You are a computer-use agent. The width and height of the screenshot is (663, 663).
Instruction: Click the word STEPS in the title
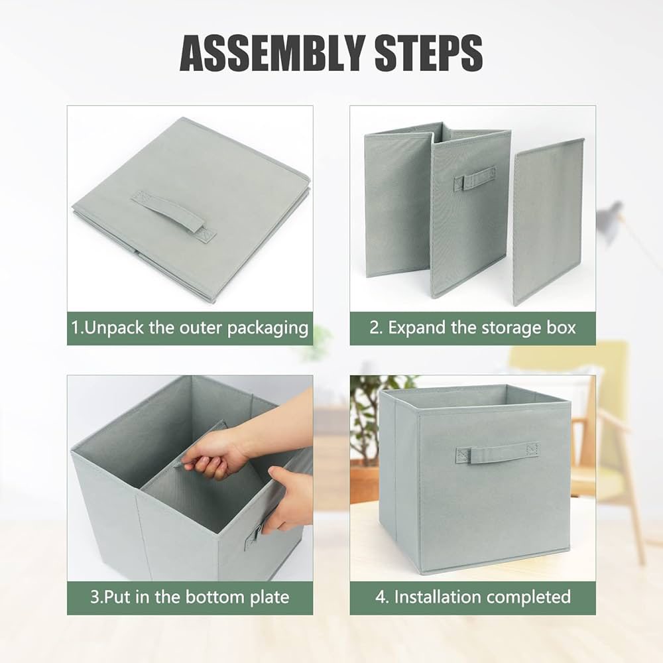coord(429,53)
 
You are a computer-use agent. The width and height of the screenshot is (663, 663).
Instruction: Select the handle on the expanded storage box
coord(475,179)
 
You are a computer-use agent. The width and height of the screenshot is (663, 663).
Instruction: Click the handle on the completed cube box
coord(497,452)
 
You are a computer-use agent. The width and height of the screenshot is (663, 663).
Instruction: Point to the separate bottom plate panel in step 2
coord(548,221)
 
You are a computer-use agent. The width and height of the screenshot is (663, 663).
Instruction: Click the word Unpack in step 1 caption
coord(114,329)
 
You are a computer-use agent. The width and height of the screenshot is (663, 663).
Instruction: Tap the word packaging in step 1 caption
coord(268,329)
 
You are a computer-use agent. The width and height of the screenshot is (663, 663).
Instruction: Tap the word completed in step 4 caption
coord(528,597)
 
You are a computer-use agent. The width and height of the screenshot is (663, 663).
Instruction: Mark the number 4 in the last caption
coord(380,597)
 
